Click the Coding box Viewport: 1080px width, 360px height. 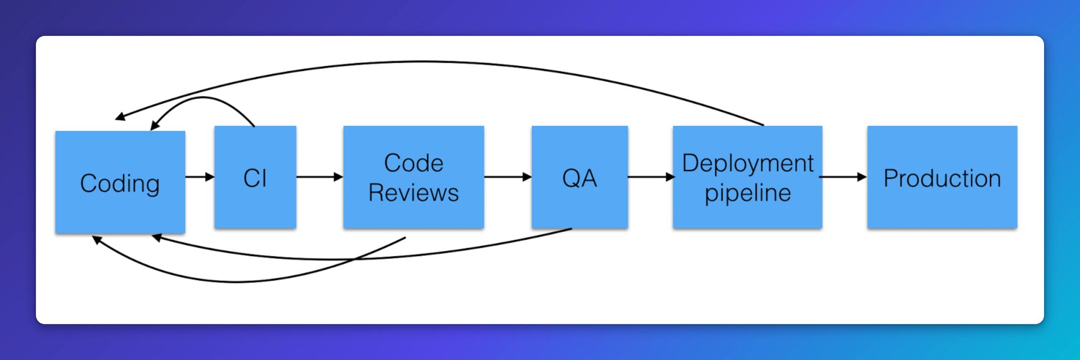[x=120, y=182]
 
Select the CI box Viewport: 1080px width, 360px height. [x=255, y=177]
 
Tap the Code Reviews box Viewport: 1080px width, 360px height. [x=413, y=177]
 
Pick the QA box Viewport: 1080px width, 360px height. [x=579, y=177]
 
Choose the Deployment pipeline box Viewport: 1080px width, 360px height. [x=748, y=177]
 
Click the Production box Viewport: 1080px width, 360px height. [x=942, y=177]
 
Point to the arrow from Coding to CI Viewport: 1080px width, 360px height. [x=200, y=177]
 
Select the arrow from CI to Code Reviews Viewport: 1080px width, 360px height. [x=319, y=177]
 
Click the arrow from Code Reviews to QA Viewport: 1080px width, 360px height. [x=508, y=177]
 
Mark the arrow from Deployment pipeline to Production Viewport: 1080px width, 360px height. [x=843, y=177]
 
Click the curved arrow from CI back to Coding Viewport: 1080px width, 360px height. [x=202, y=97]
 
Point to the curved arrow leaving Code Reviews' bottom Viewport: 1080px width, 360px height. [x=236, y=281]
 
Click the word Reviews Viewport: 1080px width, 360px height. [x=413, y=192]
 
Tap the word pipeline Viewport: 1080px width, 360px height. [x=748, y=193]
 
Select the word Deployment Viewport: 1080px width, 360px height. [x=748, y=164]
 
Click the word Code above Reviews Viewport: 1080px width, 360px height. [x=413, y=163]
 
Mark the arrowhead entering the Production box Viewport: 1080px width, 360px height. [x=862, y=177]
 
